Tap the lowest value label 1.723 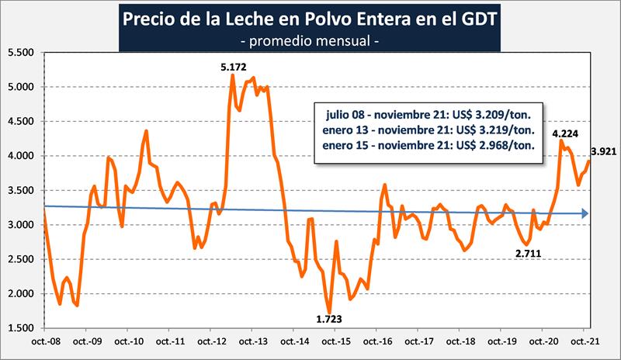click(328, 318)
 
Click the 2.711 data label click(529, 252)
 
